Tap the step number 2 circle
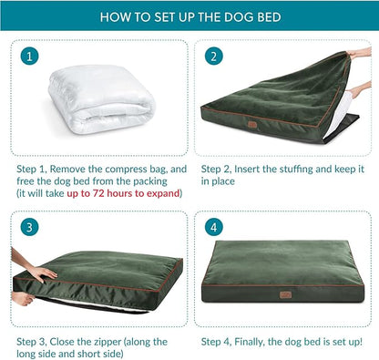214,57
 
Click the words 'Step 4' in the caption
217,341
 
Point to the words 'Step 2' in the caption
217,169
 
